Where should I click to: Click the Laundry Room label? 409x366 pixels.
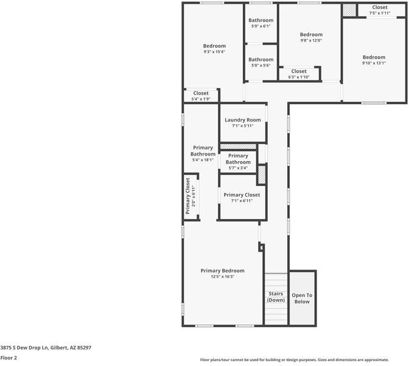coord(242,120)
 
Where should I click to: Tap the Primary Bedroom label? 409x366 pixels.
coord(222,271)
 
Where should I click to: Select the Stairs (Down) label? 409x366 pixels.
coord(276,297)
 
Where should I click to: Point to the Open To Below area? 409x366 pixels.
coord(302,298)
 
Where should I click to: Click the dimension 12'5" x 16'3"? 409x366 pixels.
coord(222,277)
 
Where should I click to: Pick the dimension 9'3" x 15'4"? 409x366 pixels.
coord(214,52)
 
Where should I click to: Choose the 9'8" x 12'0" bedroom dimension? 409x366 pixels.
coord(310,41)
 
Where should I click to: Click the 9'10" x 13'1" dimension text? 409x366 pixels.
coord(374,63)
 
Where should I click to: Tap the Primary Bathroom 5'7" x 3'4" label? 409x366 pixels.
coord(238,162)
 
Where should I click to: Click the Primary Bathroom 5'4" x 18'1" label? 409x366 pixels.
coord(203,154)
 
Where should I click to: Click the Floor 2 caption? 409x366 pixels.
coord(9,358)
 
